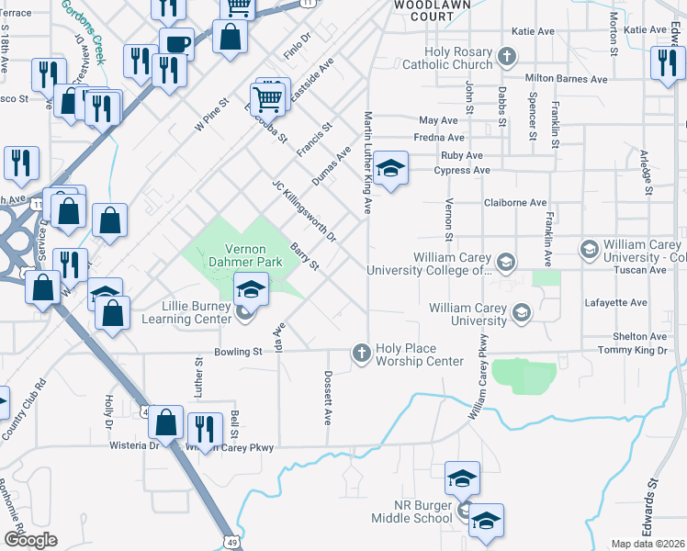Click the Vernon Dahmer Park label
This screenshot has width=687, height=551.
pyautogui.click(x=244, y=256)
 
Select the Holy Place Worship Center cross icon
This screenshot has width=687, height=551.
pyautogui.click(x=362, y=354)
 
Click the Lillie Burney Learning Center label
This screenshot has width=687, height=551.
pyautogui.click(x=186, y=313)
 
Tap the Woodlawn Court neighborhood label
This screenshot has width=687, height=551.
pyautogui.click(x=423, y=10)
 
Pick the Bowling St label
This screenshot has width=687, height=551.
pyautogui.click(x=238, y=352)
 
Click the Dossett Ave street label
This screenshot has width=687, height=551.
pyautogui.click(x=327, y=398)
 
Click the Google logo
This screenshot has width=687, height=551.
pyautogui.click(x=30, y=540)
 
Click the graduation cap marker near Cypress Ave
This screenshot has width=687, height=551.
pyautogui.click(x=390, y=168)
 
